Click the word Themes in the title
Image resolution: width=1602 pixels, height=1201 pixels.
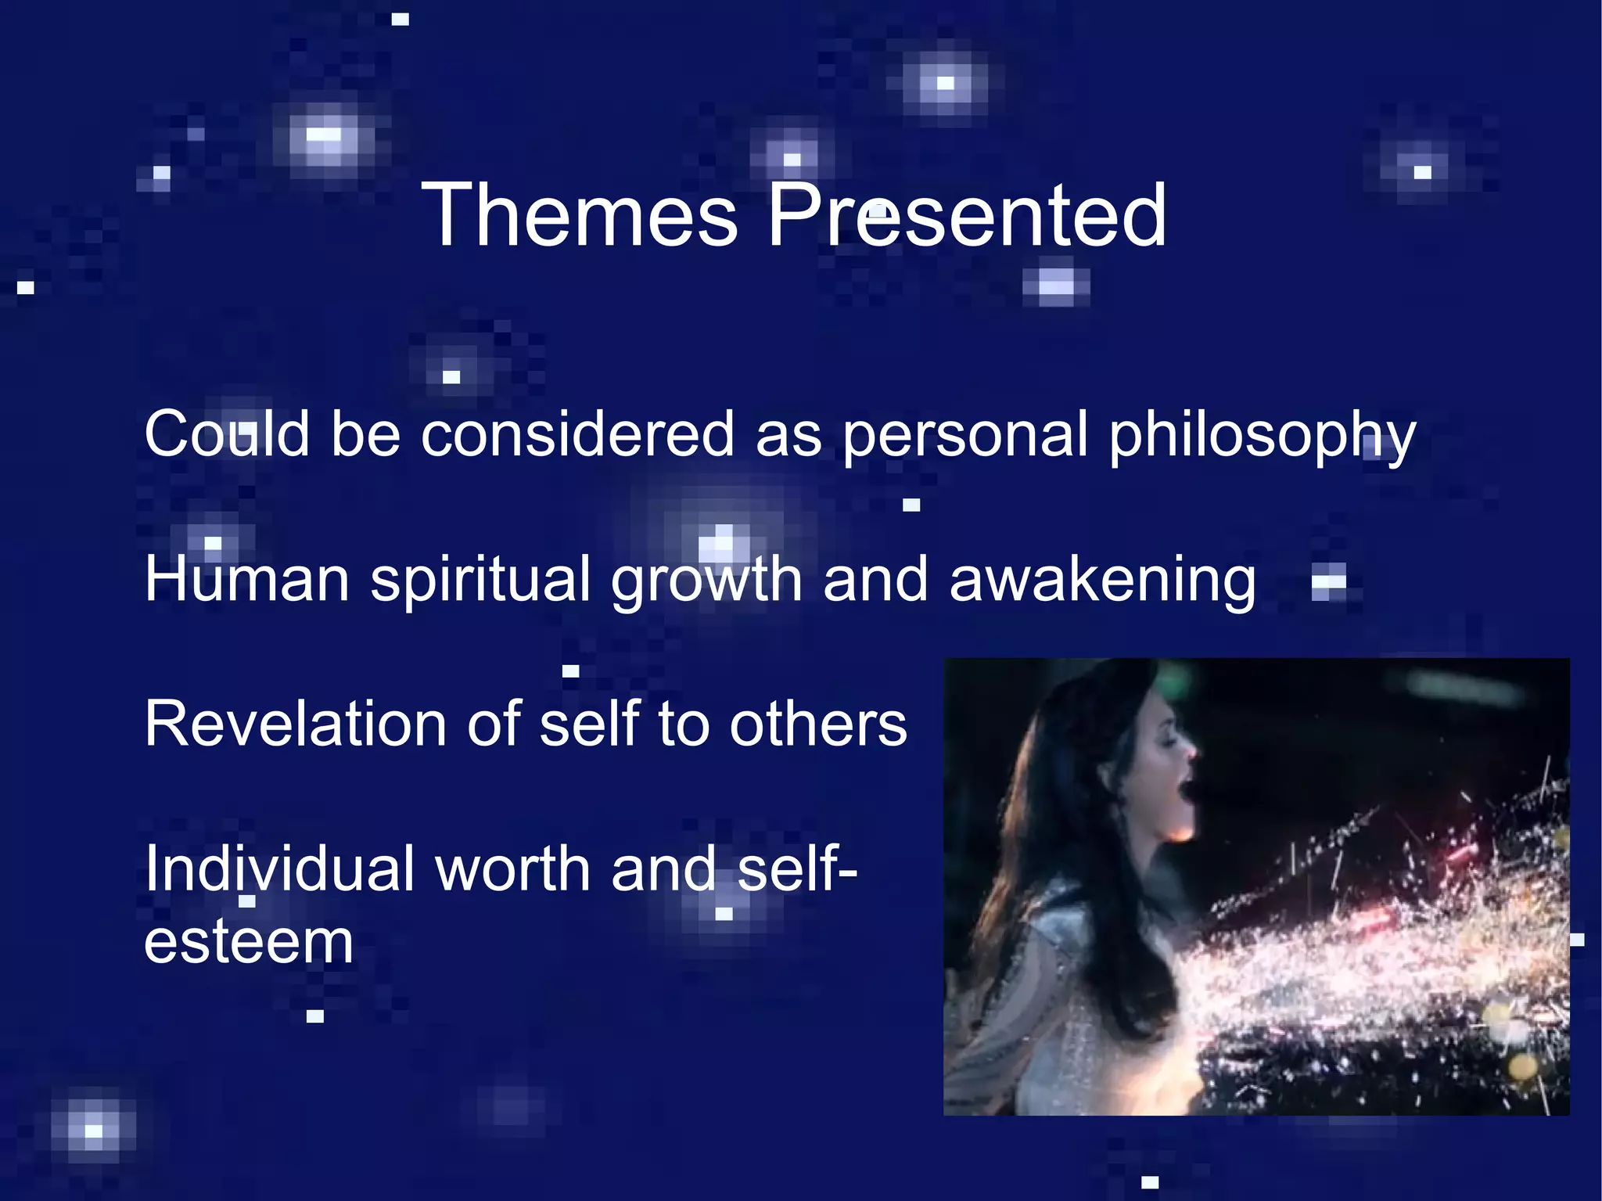[580, 215]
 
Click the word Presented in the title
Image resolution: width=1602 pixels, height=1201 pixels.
[967, 215]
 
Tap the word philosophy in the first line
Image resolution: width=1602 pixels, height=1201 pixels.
[1263, 436]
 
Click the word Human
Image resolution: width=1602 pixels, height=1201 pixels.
[247, 580]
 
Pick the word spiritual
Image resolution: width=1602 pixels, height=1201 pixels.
[480, 581]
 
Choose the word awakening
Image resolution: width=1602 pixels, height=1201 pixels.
[1102, 581]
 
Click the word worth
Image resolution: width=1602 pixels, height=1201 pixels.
[512, 869]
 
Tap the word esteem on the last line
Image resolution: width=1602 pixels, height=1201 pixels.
[248, 942]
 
